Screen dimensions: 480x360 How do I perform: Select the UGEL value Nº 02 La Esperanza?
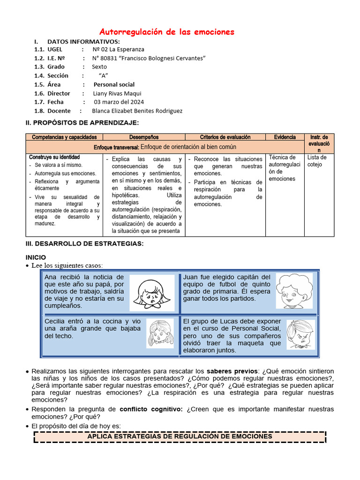[x=118, y=49]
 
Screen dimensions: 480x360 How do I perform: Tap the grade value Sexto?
[x=99, y=67]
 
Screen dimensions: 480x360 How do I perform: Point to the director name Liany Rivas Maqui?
[x=117, y=93]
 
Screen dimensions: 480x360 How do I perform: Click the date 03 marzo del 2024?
[x=119, y=102]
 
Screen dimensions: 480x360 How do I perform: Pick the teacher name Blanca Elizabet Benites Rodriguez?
[x=137, y=111]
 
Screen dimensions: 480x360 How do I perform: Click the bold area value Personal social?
[x=114, y=84]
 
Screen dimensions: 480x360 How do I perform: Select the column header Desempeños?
[x=144, y=137]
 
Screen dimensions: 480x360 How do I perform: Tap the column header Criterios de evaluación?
[x=225, y=137]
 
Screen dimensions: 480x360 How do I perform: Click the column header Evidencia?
[x=285, y=137]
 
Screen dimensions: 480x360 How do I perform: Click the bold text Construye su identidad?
[x=54, y=157]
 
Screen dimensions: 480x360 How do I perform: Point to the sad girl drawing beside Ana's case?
[x=151, y=293]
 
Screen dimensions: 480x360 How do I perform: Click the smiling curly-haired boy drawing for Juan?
[x=294, y=291]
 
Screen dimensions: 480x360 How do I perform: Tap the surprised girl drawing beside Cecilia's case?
[x=159, y=333]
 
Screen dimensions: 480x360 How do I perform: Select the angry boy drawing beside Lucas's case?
[x=300, y=334]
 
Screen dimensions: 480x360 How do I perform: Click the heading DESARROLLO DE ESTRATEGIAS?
[x=84, y=244]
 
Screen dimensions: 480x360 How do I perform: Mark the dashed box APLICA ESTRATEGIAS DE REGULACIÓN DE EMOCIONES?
[x=180, y=436]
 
